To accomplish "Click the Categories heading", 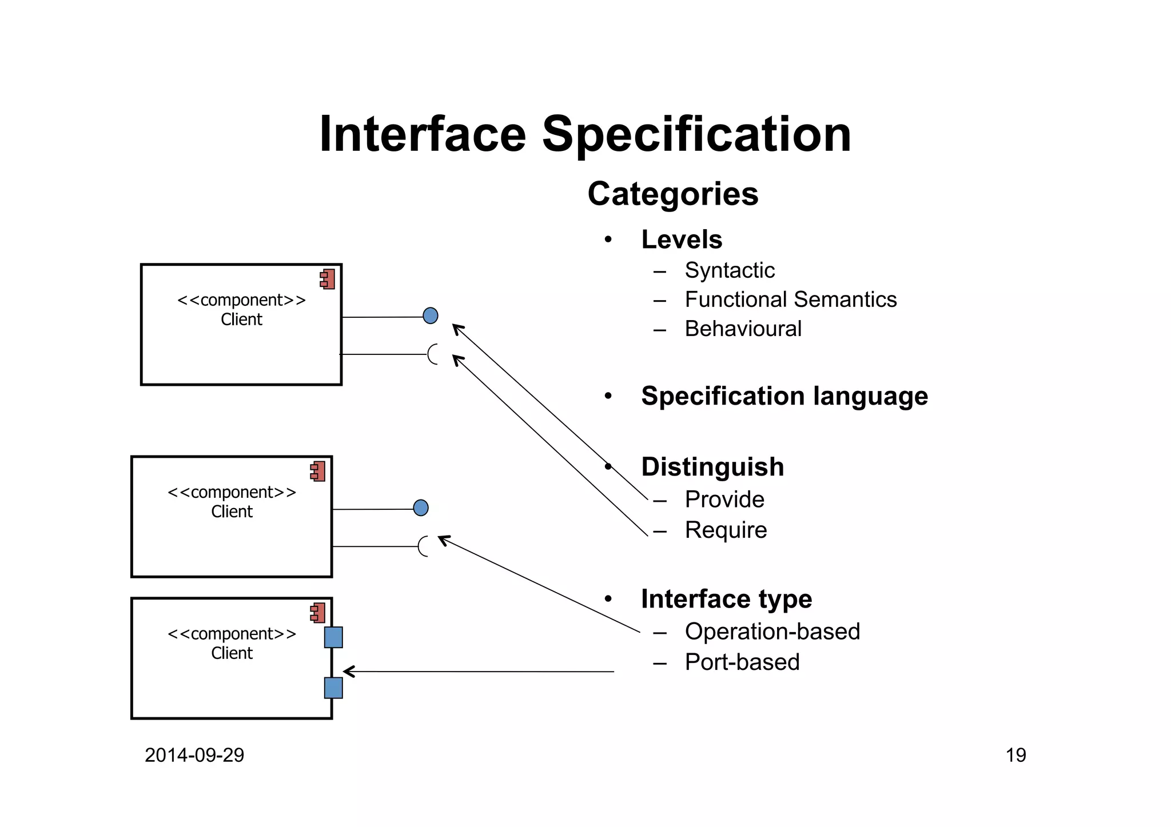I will [x=672, y=194].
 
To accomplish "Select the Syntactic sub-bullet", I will [x=729, y=270].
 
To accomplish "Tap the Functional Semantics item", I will [x=790, y=299].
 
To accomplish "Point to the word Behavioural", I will [x=743, y=329].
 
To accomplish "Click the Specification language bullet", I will [x=784, y=396].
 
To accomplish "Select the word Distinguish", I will [x=712, y=467].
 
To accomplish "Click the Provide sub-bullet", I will [x=724, y=500].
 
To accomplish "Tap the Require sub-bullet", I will [x=726, y=530].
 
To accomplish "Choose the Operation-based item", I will [x=772, y=632].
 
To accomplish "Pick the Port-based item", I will [x=742, y=662].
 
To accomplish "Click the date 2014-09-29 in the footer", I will [x=194, y=756].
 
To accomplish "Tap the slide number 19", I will [x=1015, y=756].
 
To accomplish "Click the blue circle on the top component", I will [x=431, y=315].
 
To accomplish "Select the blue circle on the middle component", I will [x=421, y=508].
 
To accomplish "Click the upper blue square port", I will [x=333, y=637].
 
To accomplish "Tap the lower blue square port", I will [x=333, y=688].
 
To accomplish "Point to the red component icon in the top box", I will [x=328, y=279].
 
